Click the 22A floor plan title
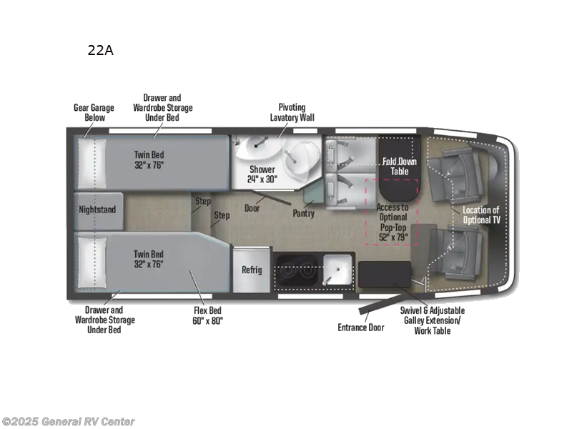(99, 50)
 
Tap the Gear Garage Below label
(90, 113)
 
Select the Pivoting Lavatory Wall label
(292, 113)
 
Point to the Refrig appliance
(252, 270)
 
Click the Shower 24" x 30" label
(262, 174)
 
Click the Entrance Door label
(360, 327)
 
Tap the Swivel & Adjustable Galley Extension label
(432, 320)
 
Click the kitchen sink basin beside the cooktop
(337, 270)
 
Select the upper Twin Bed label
(149, 157)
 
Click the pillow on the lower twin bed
(92, 261)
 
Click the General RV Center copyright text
(68, 422)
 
